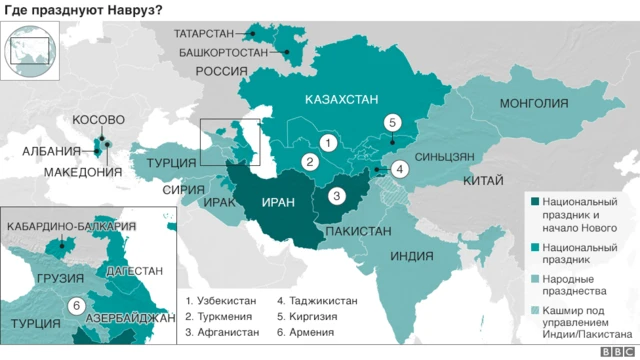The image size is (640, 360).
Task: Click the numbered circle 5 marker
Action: [393, 123]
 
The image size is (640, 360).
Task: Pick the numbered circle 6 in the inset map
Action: [74, 306]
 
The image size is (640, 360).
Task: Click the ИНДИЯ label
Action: [410, 255]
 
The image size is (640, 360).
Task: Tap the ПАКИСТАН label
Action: [357, 231]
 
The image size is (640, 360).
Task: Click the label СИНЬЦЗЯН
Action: [437, 157]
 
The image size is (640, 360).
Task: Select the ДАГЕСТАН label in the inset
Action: [129, 271]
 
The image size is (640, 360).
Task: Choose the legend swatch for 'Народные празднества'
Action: [533, 278]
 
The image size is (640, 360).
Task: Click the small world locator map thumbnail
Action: [30, 47]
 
